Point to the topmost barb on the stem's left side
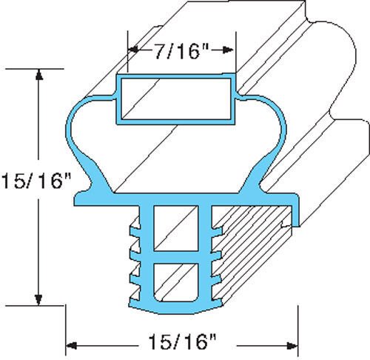coord(133,220)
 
